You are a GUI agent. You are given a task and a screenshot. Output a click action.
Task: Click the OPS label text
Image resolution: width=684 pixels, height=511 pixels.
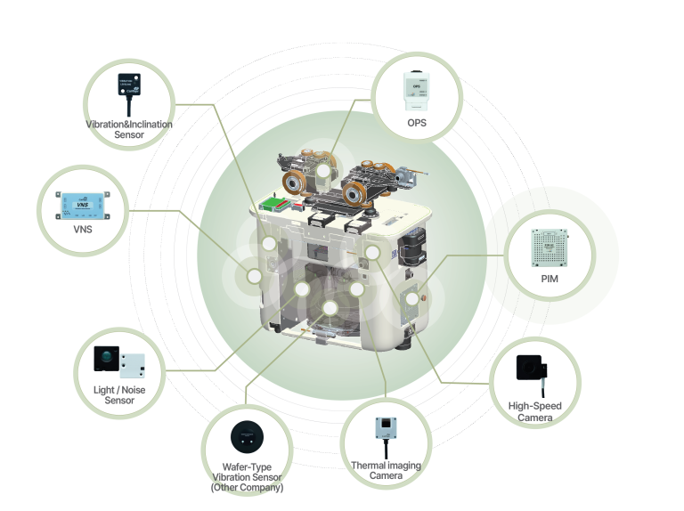(x=417, y=123)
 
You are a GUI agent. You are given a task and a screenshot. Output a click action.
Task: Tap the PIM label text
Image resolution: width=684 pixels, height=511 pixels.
(x=550, y=280)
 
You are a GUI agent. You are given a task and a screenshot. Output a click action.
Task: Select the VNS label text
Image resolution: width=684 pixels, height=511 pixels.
(x=82, y=229)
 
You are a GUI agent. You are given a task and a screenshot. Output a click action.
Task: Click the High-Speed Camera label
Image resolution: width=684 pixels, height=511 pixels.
(x=535, y=411)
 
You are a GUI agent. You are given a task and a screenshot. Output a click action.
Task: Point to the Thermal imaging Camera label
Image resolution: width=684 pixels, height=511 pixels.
(x=386, y=470)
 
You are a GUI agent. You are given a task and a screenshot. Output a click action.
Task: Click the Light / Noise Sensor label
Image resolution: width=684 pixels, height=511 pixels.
(x=119, y=395)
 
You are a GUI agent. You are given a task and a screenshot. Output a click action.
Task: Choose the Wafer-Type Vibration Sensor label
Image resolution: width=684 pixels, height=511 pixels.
(x=247, y=477)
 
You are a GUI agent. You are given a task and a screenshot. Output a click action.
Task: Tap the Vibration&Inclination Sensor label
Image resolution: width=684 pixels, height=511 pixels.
(x=128, y=129)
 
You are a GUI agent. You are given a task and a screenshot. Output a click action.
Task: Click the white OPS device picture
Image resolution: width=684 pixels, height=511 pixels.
(x=417, y=86)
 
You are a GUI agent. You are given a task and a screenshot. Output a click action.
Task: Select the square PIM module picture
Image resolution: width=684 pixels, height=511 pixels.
(x=549, y=247)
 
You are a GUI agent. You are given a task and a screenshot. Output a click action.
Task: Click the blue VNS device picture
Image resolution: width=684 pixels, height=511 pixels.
(x=82, y=205)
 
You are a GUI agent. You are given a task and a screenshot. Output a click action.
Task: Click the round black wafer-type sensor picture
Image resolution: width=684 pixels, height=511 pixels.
(x=248, y=437)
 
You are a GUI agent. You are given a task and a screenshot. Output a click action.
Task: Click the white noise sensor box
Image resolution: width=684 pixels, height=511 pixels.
(x=132, y=364)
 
